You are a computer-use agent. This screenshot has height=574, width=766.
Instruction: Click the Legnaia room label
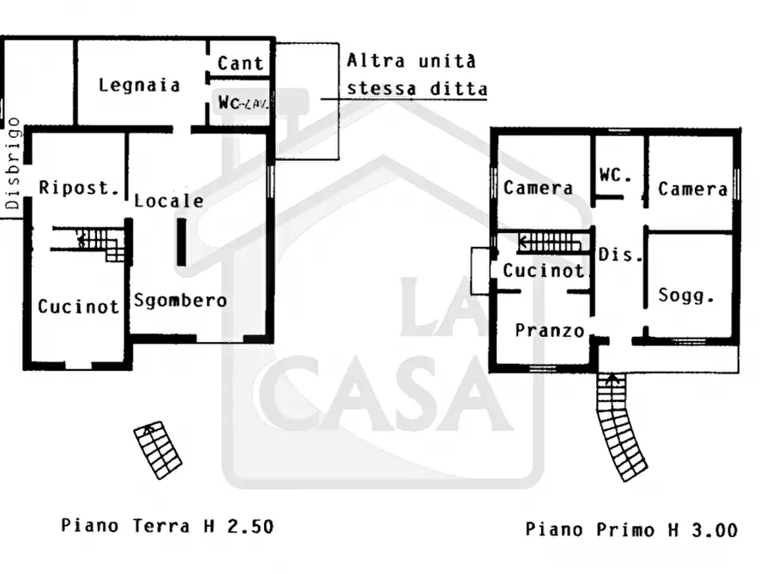pos(139,85)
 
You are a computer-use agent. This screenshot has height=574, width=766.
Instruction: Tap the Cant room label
pos(240,63)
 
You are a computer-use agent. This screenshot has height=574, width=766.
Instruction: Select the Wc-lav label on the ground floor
pos(240,103)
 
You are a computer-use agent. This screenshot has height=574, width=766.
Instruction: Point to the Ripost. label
pos(79,188)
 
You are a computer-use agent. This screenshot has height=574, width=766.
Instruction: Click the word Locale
pos(169,200)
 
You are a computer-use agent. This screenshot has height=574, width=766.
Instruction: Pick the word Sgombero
pos(180,300)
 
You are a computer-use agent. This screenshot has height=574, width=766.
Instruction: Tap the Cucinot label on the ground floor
pos(78,307)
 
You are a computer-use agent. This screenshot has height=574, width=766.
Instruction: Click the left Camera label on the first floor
pos(538,188)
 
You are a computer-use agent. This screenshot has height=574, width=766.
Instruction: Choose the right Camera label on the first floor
pos(693,188)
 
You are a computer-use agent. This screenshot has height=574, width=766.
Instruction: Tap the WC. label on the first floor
pos(615,175)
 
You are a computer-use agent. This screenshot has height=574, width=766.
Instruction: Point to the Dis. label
pos(614,254)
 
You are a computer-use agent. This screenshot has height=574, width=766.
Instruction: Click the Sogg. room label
pos(686,296)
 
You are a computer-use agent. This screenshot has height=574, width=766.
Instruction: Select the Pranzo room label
pos(550,331)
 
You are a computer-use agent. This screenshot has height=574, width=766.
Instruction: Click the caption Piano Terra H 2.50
pos(167,525)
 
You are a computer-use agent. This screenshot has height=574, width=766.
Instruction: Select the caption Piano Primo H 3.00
pos(630,529)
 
